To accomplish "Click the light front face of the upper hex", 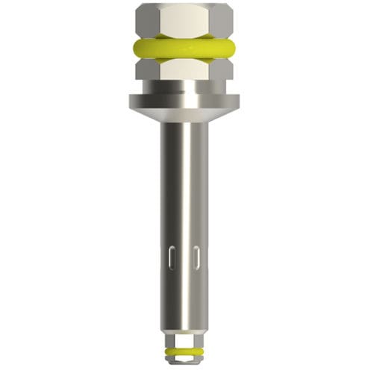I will pos(184,20).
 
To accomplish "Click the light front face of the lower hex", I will pos(184,72).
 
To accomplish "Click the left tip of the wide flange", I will pos(132,100).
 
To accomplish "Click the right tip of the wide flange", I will pos(237,100).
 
